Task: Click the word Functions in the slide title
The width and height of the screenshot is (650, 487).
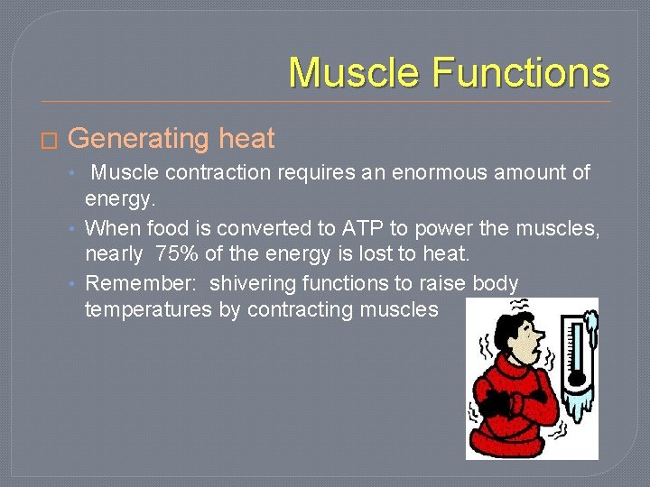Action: [521, 72]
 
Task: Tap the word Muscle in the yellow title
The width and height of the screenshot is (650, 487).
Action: [356, 72]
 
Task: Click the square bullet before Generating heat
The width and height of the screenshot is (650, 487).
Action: [49, 141]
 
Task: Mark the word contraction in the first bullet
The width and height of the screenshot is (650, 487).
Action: [213, 172]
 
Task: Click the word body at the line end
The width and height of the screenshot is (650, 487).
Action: [496, 283]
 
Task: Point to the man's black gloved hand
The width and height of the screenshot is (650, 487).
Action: [494, 401]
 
